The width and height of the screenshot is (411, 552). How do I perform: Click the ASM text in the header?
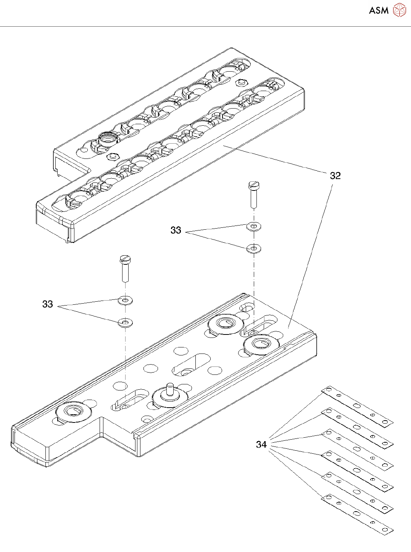coord(379,10)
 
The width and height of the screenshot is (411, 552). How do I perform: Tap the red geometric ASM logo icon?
coord(399,10)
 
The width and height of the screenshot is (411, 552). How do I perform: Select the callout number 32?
coord(335,176)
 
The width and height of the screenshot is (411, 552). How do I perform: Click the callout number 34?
coord(261,444)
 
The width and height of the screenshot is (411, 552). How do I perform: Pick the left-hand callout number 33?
coord(48,304)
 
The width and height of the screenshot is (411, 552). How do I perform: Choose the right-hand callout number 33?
coord(176,230)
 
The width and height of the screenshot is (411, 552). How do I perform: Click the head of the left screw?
coord(126,259)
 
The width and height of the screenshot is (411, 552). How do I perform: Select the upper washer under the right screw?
coord(254,227)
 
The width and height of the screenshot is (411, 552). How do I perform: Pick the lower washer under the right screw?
coord(254,249)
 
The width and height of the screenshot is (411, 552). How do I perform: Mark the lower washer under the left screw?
coord(125,323)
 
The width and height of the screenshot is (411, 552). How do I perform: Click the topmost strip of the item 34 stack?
coord(357,406)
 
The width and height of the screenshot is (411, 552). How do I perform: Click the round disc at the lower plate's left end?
coord(74,412)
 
